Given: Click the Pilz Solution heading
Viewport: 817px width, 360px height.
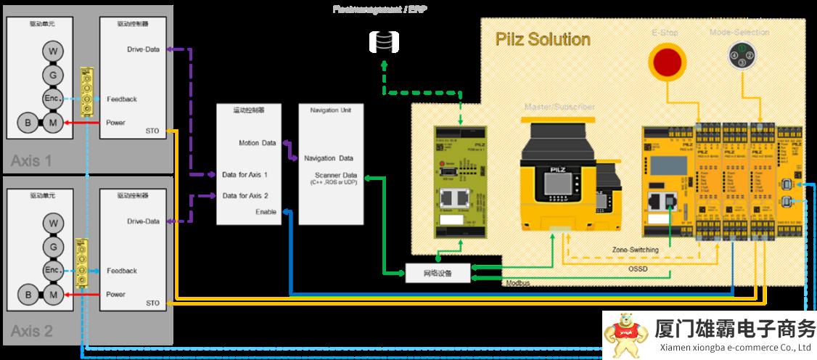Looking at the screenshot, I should [543, 39].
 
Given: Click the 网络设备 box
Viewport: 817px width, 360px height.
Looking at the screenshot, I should [437, 273].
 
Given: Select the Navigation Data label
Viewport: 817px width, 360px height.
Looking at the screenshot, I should [329, 158].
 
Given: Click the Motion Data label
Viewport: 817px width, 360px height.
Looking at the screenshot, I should [257, 143].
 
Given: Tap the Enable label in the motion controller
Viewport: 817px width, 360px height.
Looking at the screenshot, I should [266, 211].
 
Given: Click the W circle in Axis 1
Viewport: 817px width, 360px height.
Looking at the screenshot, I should [52, 51].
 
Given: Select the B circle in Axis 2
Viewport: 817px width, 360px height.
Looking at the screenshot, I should [28, 295].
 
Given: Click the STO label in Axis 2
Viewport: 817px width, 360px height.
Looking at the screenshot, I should [152, 303].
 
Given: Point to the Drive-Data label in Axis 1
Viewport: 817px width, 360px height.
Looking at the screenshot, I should [143, 50].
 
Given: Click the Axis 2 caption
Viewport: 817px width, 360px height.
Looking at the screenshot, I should [31, 332].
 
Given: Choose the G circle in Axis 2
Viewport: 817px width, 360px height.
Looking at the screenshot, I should [52, 247].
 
